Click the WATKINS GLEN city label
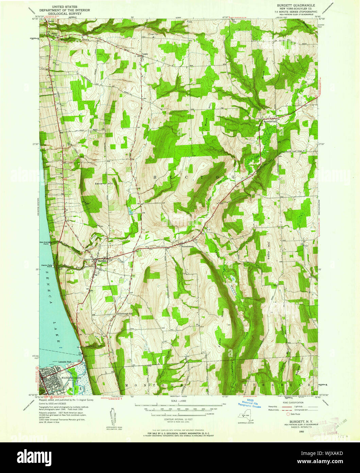[70, 378]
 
